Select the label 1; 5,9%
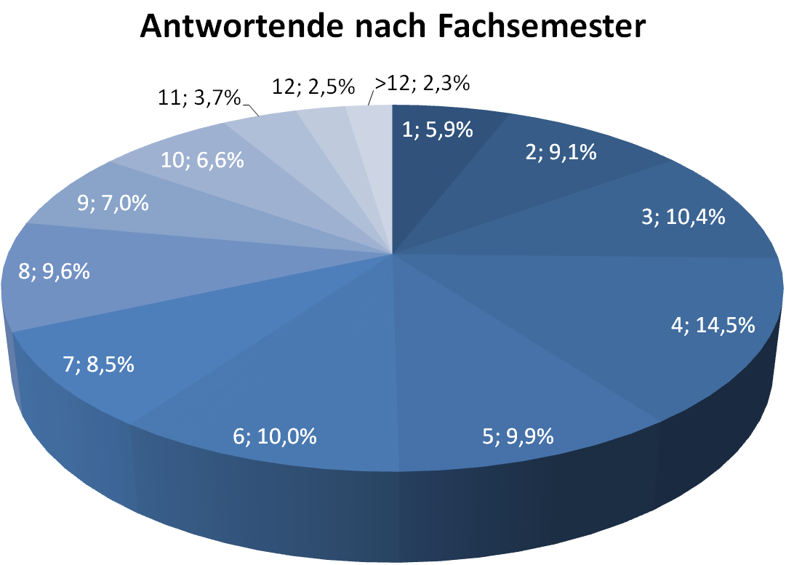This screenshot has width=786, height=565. tap(438, 130)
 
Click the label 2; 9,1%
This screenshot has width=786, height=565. tap(559, 153)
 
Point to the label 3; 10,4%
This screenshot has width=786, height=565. tap(682, 216)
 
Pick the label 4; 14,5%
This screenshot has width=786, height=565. tap(711, 324)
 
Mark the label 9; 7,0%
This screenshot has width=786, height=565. tap(113, 203)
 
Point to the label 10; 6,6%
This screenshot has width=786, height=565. tap(201, 159)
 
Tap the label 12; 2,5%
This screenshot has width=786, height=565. tap(313, 87)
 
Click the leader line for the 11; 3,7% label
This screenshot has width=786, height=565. tap(252, 111)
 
